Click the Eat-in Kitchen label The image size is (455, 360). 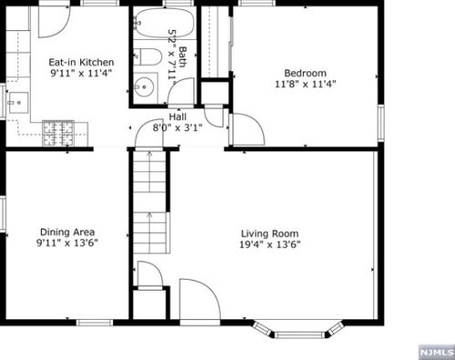click(81, 62)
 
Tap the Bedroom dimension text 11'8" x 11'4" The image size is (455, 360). click(305, 84)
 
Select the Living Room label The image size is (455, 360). click(270, 233)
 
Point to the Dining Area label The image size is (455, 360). click(67, 232)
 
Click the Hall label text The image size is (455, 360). click(178, 117)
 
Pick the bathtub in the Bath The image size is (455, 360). click(163, 23)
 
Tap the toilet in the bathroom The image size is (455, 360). click(148, 57)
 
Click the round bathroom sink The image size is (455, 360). click(144, 87)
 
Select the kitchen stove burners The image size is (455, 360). click(58, 133)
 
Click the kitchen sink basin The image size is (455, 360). click(18, 103)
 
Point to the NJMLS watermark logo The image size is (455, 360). click(437, 352)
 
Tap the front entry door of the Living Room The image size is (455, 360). click(200, 299)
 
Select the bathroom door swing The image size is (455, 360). click(181, 90)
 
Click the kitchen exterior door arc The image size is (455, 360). click(55, 22)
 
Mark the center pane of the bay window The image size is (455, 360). click(300, 334)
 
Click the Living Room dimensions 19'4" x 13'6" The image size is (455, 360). click(270, 244)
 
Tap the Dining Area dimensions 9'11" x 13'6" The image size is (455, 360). click(67, 243)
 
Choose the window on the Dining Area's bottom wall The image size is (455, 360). click(94, 323)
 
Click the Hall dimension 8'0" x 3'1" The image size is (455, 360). click(178, 128)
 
